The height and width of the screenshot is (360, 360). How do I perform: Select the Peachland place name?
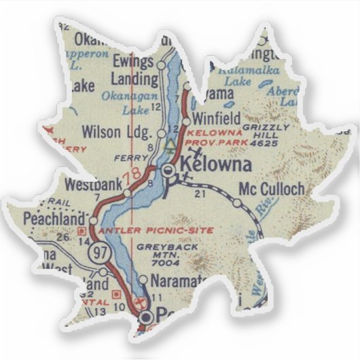coord(49,219)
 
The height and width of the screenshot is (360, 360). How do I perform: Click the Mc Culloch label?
coord(272,189)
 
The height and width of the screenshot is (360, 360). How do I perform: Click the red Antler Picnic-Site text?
coord(155,231)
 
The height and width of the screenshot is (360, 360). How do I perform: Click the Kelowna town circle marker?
coord(168,172)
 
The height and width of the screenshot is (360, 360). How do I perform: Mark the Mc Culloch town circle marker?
coord(236,202)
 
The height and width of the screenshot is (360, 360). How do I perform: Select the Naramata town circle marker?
coord(143,279)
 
